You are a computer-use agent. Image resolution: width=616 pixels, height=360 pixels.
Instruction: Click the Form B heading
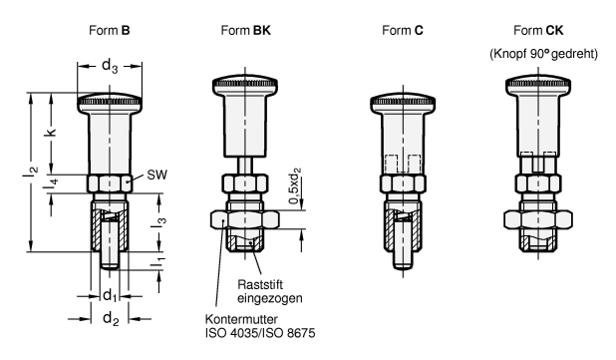pos(110,30)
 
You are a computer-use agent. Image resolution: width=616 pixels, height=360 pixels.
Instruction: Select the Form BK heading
pos(245,30)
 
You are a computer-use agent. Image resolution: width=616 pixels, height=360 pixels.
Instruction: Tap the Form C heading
pos(403,30)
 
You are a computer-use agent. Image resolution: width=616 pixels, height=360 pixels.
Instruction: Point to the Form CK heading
pos(538,30)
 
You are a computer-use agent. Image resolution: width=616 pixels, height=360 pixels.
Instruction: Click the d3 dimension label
pos(110,66)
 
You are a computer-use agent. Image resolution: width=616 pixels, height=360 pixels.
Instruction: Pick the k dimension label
pos(51,132)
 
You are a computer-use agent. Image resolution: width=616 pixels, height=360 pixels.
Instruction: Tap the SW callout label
pos(156,175)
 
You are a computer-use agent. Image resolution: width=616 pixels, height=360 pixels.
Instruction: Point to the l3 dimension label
pos(158,221)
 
